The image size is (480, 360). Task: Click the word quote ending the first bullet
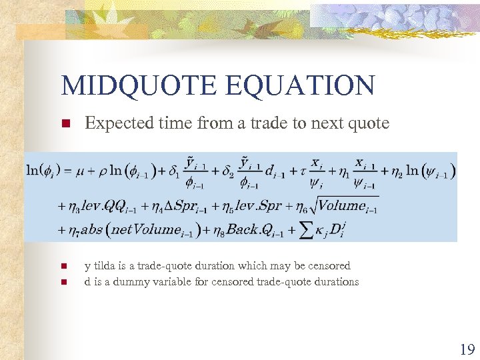click(369, 123)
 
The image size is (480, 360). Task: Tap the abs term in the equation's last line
click(91, 231)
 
